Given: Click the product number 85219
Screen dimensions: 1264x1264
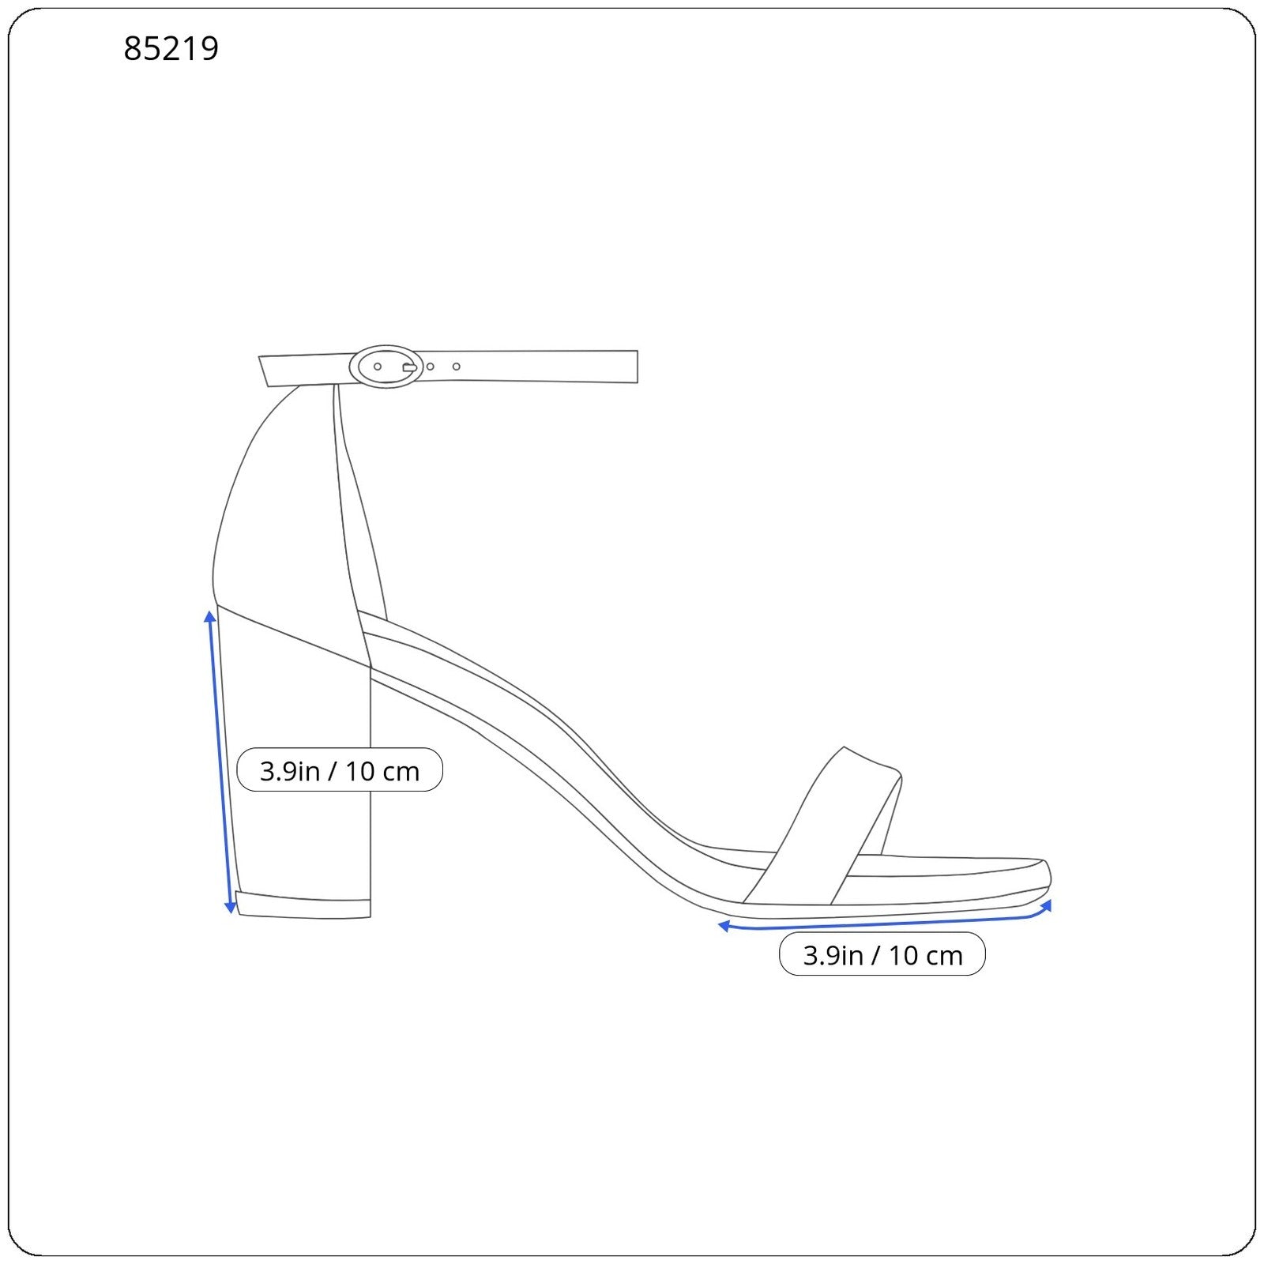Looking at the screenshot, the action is coord(171,49).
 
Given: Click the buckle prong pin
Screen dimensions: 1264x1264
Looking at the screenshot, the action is coord(410,367).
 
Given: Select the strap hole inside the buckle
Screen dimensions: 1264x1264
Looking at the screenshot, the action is coord(378,367).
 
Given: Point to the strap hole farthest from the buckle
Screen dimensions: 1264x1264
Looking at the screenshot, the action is coord(457,367).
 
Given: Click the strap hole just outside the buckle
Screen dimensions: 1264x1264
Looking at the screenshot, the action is coord(430,367).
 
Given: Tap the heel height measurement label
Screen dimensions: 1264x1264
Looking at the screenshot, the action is coord(340,770).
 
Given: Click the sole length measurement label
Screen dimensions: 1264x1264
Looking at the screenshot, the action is coord(882,954).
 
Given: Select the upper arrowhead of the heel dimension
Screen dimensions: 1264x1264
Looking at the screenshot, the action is coord(210,616).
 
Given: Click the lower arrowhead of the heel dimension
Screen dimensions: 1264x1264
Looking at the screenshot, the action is coord(231,908).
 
